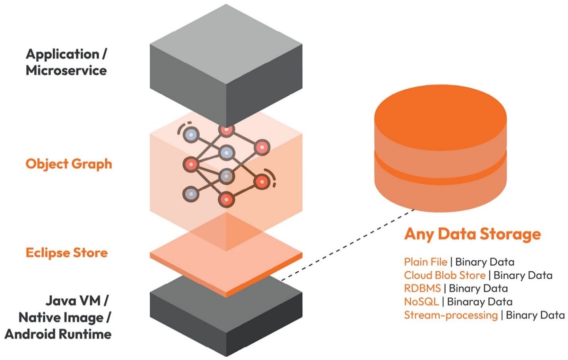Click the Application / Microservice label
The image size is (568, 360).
click(66, 62)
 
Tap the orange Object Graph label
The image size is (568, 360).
click(69, 164)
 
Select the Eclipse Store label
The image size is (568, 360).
click(67, 253)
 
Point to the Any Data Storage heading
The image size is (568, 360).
click(472, 234)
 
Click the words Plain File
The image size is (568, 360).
click(425, 262)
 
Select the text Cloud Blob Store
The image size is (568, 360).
click(444, 275)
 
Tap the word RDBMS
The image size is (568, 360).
click(422, 288)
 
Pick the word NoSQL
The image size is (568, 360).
click(421, 302)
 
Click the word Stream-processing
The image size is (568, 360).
click(450, 315)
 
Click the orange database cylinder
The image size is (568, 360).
click(440, 151)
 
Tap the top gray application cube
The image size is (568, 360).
click(226, 64)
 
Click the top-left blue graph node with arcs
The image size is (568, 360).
click(191, 135)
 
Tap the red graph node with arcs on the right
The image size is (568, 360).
click(262, 182)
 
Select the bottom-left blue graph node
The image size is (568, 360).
click(191, 194)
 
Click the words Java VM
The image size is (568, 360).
click(73, 300)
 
